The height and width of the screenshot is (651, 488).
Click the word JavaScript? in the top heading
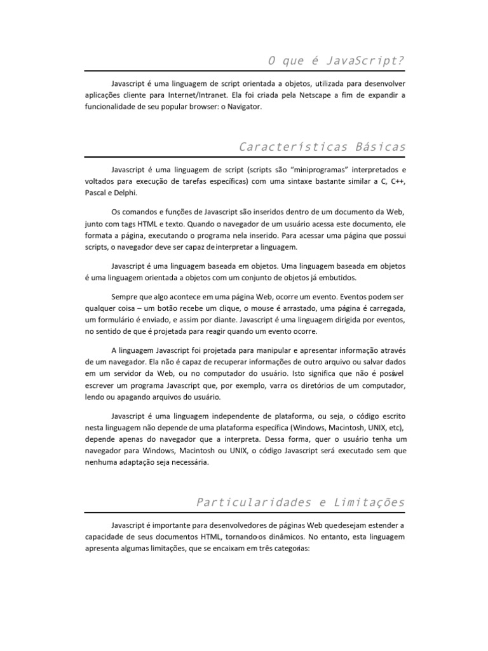[367, 60]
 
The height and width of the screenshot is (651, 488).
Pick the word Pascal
[95, 194]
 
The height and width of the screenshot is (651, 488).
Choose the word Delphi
[125, 194]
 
